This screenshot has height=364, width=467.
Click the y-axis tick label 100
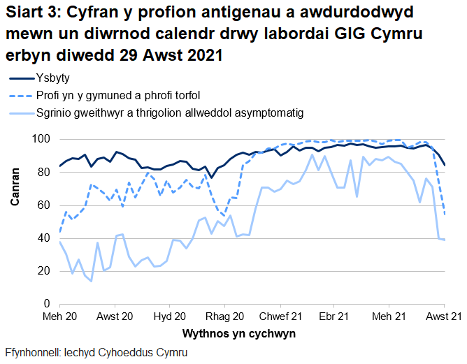pos(43,140)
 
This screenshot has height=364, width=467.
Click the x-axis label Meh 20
pos(60,317)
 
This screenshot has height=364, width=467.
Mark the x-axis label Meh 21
pos(389,317)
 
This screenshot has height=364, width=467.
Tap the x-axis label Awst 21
pos(443,317)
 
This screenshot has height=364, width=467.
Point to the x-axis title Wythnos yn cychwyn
pos(238,333)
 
